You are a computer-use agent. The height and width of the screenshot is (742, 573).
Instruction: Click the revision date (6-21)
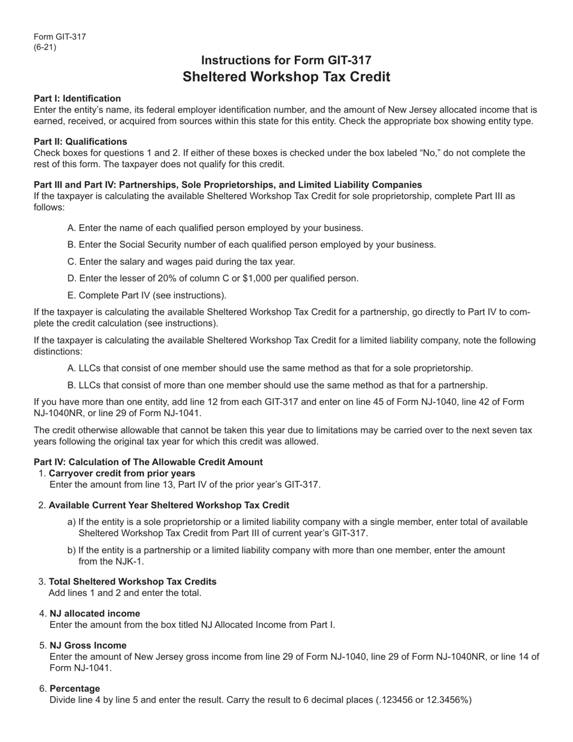[x=45, y=48]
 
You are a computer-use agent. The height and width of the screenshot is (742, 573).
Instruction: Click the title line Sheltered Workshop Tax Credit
[x=286, y=77]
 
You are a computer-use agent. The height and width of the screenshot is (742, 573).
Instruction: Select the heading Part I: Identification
[x=77, y=98]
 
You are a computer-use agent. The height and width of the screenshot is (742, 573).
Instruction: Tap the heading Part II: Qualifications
[x=80, y=142]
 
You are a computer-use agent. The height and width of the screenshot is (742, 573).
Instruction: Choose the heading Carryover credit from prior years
[x=122, y=474]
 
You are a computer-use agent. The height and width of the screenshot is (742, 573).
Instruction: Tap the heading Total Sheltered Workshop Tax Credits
[x=132, y=582]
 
